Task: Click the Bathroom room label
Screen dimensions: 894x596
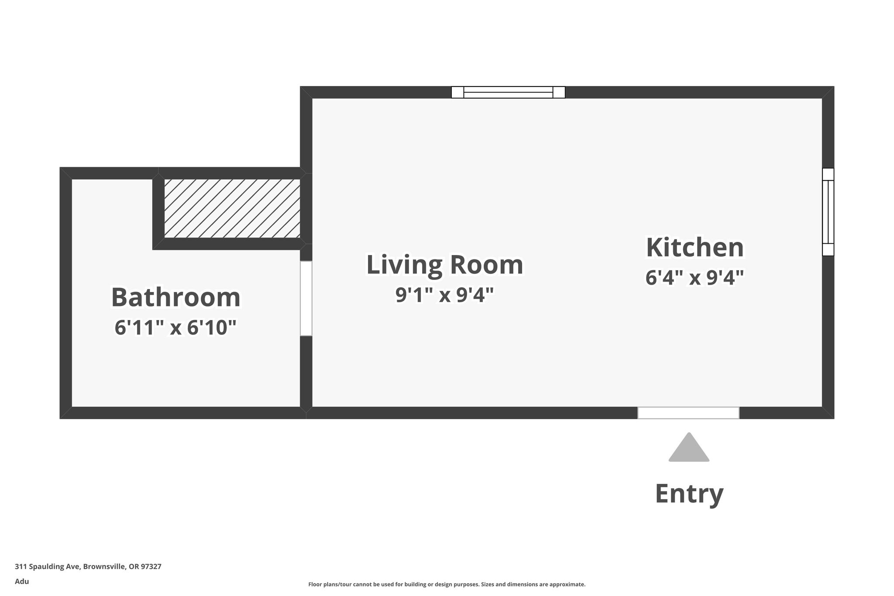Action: click(176, 297)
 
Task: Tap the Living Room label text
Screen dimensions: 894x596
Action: click(444, 265)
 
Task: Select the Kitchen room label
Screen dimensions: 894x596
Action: click(695, 247)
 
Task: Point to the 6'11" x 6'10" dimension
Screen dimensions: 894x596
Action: click(175, 327)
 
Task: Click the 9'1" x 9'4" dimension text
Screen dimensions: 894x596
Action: click(444, 295)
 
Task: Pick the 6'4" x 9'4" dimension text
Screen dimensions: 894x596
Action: click(695, 277)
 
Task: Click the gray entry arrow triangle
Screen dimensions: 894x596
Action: click(689, 448)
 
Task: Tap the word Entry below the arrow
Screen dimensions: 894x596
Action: click(689, 494)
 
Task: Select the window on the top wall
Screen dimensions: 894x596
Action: click(508, 93)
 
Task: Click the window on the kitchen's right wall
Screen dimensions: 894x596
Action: click(828, 212)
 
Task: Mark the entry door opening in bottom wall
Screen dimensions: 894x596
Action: click(688, 413)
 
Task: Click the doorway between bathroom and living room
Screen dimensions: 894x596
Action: click(306, 299)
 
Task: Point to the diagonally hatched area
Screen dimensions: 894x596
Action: click(232, 208)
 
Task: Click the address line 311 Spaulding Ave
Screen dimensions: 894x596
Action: click(88, 567)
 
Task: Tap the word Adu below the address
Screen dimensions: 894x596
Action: click(22, 581)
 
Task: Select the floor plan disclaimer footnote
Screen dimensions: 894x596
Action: click(447, 584)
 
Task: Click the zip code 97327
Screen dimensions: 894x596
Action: click(151, 567)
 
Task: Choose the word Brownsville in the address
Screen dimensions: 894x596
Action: click(105, 567)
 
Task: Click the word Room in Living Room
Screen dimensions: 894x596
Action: click(487, 265)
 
